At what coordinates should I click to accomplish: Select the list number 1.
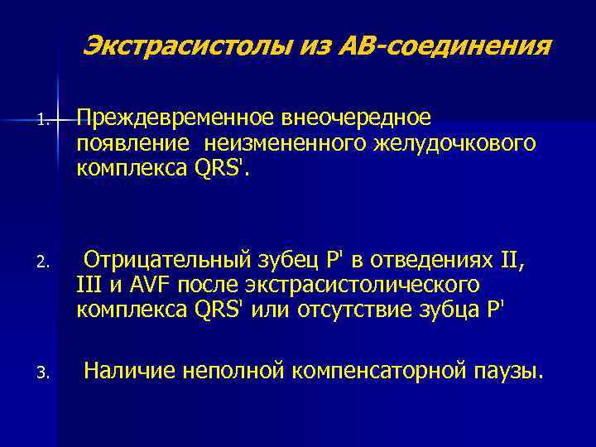pyautogui.click(x=42, y=122)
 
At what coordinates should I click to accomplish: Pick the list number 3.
pyautogui.click(x=42, y=377)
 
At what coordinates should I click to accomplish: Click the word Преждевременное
pyautogui.click(x=176, y=119)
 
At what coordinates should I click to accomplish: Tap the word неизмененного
pyautogui.click(x=276, y=145)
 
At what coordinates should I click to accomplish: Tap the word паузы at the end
pyautogui.click(x=511, y=372)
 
